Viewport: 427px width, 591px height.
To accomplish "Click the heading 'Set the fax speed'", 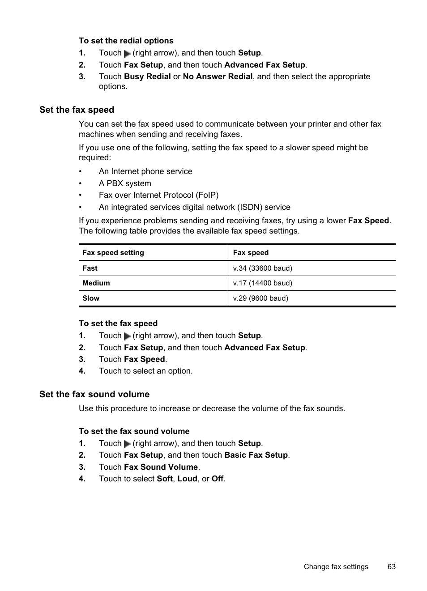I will [77, 110].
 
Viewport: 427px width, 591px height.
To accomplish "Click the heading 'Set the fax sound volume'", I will [94, 394].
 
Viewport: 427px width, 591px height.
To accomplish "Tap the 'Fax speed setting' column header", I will [113, 253].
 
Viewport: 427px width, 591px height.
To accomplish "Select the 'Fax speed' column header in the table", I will [251, 253].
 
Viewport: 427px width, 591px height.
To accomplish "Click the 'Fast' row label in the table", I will [90, 268].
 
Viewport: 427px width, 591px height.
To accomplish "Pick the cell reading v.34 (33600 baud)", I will [262, 268].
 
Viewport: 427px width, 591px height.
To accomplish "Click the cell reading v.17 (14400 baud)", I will [262, 283].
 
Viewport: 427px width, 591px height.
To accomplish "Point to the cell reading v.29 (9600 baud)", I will [260, 298].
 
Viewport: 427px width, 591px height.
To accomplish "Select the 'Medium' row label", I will [96, 283].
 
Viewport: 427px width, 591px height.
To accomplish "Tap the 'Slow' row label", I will [91, 298].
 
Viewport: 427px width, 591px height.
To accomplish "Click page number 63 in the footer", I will [391, 567].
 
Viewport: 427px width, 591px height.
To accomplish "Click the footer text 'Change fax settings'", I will [336, 567].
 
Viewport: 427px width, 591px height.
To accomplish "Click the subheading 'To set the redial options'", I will [126, 41].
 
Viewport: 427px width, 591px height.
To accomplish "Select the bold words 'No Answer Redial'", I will [218, 77].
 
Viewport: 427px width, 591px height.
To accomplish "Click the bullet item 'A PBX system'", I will [125, 183].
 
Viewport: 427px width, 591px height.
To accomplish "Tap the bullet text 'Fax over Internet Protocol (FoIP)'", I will [158, 195].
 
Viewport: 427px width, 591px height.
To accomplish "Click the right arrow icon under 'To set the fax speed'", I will [127, 336].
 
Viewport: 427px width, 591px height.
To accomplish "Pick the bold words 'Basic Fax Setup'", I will [256, 455].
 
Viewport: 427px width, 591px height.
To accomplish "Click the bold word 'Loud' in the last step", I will [187, 479].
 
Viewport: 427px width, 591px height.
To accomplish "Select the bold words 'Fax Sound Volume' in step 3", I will [161, 467].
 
